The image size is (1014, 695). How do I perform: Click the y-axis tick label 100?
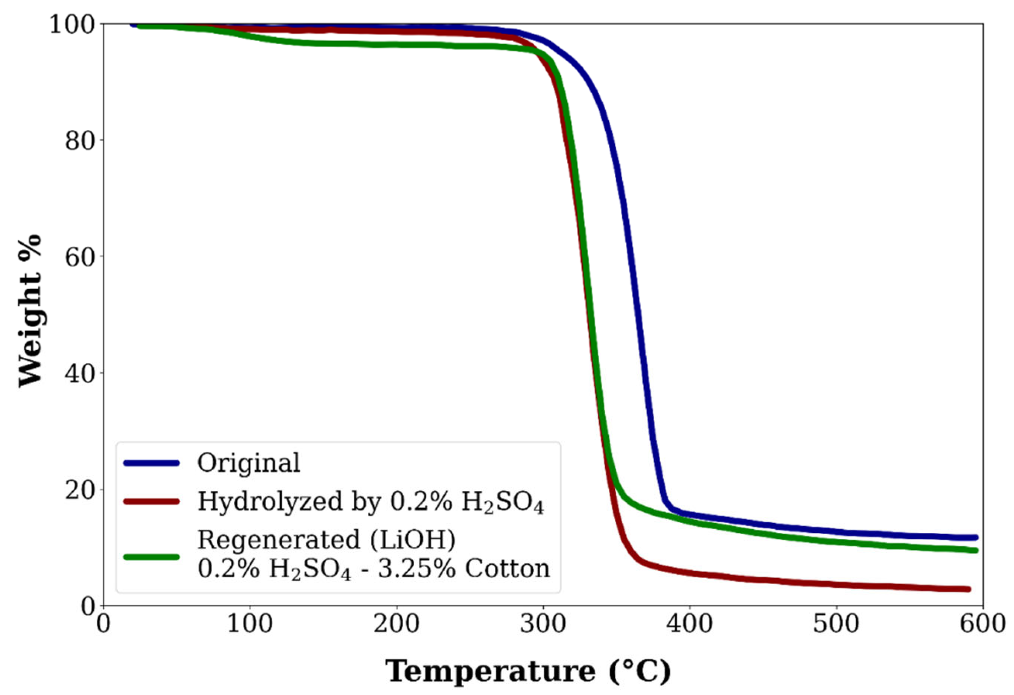point(72,25)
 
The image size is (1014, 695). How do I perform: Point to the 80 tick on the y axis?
point(80,141)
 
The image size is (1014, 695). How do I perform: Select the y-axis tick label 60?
point(80,258)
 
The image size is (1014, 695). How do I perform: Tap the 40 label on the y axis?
point(80,374)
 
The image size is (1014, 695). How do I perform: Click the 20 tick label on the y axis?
point(80,490)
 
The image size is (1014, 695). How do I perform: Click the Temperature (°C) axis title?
point(528,672)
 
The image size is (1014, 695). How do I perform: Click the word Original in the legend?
point(249,463)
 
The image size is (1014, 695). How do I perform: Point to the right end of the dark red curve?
point(968,589)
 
